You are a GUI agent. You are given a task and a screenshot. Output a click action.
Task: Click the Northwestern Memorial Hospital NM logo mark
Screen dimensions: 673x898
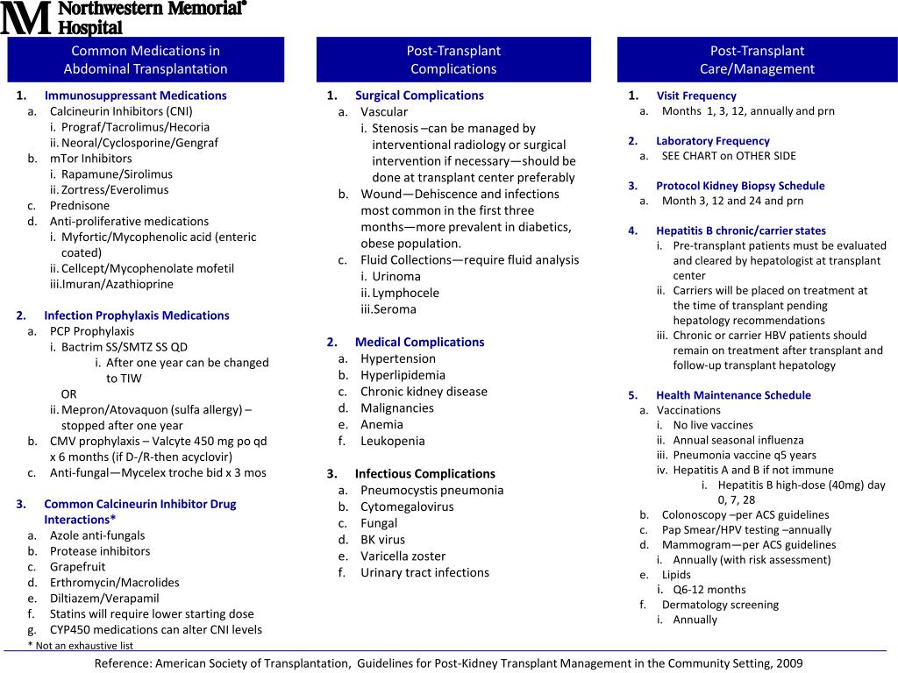point(27,18)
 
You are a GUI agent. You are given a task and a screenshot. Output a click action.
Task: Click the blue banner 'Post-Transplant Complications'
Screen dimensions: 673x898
point(453,60)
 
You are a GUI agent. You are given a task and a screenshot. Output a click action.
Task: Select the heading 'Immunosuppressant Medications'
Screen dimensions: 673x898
point(135,96)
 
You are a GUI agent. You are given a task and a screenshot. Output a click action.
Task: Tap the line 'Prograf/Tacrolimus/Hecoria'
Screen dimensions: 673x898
point(135,127)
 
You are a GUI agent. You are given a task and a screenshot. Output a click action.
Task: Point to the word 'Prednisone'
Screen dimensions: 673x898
point(80,205)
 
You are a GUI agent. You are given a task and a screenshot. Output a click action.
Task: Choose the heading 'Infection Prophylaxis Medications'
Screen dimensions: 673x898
point(136,315)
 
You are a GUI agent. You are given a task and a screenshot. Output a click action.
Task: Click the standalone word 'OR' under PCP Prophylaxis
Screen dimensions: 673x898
point(69,393)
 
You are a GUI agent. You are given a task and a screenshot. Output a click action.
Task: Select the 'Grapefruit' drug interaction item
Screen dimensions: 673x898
point(78,566)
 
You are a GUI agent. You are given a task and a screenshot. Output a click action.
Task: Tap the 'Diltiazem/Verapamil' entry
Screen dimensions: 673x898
point(104,598)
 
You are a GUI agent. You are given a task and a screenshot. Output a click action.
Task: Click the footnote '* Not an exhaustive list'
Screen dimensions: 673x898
point(81,646)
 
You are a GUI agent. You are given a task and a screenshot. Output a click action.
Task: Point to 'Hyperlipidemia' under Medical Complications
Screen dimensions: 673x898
point(403,375)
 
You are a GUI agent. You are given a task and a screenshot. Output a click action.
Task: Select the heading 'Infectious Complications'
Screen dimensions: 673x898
point(424,473)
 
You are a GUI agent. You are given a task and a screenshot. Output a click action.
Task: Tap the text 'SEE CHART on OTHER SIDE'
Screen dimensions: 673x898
point(729,156)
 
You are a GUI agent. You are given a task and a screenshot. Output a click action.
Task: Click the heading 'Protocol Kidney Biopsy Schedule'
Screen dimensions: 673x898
point(740,186)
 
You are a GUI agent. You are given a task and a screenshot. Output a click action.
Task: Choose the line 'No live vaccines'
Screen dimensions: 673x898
point(713,425)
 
